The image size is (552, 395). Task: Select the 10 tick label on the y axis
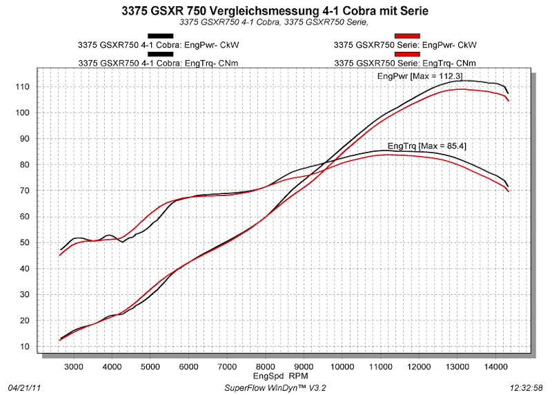pyautogui.click(x=26, y=347)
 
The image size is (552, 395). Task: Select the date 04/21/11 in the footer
pyautogui.click(x=23, y=387)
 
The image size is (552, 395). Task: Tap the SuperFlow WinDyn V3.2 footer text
pyautogui.click(x=275, y=387)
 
